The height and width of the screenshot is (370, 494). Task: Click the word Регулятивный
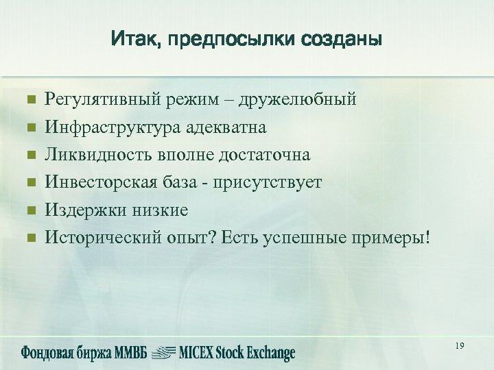[x=103, y=100]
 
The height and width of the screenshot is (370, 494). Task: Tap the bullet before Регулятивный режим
[x=30, y=100]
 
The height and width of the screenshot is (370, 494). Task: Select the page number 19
[x=459, y=347]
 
